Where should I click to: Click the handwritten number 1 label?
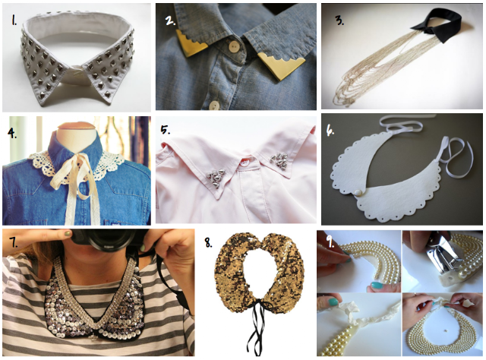tap(14, 21)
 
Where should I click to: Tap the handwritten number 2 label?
tap(171, 21)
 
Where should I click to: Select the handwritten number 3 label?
tap(339, 21)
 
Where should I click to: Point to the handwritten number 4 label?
tap(12, 133)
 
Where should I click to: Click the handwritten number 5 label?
tap(166, 130)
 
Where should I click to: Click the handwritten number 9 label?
tap(331, 242)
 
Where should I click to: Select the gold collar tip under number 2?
tap(191, 43)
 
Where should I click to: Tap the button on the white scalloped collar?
tap(358, 192)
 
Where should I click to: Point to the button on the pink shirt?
tap(247, 163)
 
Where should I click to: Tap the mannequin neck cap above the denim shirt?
tap(77, 127)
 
